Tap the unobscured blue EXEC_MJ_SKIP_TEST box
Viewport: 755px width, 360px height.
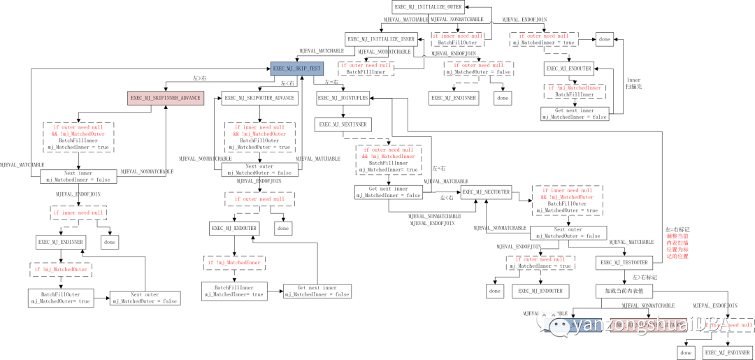click(298, 69)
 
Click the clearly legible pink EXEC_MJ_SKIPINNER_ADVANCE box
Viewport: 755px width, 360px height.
click(165, 98)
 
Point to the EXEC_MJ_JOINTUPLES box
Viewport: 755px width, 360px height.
click(343, 98)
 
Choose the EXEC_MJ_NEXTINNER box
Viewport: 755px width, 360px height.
click(343, 124)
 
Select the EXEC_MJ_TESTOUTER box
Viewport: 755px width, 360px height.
click(624, 263)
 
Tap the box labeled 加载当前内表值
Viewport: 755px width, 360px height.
click(624, 289)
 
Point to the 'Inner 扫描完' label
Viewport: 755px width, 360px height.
click(633, 84)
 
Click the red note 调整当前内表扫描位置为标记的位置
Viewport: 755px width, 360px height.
click(677, 246)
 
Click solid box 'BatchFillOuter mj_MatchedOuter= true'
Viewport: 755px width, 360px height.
click(60, 297)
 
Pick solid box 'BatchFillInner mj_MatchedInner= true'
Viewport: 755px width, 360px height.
click(233, 291)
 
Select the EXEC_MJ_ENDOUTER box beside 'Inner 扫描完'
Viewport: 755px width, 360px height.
click(569, 69)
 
